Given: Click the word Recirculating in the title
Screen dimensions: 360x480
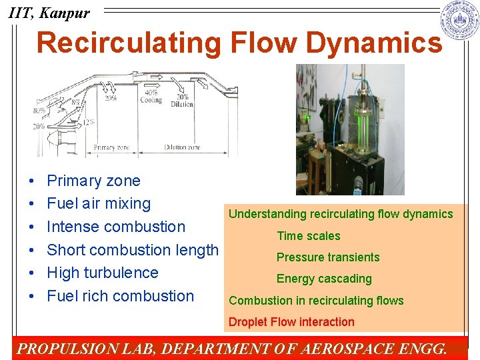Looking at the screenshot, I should [x=128, y=43].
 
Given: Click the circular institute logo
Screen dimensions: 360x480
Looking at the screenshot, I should [x=460, y=21].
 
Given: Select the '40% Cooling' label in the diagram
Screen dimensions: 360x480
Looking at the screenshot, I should [x=151, y=97].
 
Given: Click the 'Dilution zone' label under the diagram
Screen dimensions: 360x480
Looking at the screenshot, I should [x=183, y=147].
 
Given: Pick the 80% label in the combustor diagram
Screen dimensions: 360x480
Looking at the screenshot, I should [x=39, y=111].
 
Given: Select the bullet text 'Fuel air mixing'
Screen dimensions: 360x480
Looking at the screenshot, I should [x=99, y=203].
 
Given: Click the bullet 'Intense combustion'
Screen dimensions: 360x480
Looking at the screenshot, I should [x=116, y=227].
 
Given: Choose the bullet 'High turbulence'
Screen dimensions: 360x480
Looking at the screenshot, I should [x=103, y=273].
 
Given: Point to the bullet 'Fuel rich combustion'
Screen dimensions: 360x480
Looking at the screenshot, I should [x=120, y=296].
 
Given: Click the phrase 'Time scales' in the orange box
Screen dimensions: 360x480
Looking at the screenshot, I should [x=308, y=236].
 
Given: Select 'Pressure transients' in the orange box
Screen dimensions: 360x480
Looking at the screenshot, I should [x=328, y=257].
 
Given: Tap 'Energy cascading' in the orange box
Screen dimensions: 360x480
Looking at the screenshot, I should [x=324, y=279].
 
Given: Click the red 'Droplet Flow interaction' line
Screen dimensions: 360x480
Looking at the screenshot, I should [x=291, y=322].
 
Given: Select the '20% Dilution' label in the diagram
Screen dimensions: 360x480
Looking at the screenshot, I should [x=182, y=101].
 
